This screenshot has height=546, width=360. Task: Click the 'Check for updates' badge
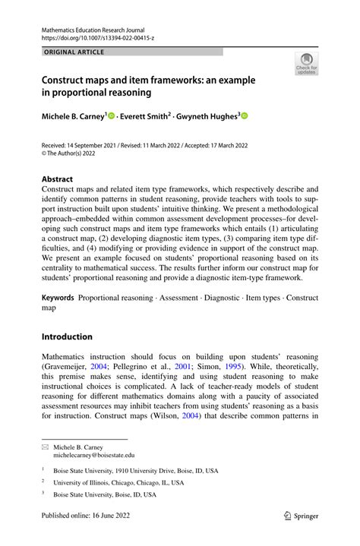(307, 64)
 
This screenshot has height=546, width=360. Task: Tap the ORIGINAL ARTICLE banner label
(74, 52)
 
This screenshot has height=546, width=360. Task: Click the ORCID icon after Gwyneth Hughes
(245, 115)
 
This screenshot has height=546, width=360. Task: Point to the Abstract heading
(57, 179)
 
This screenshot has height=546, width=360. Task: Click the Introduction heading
(67, 336)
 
